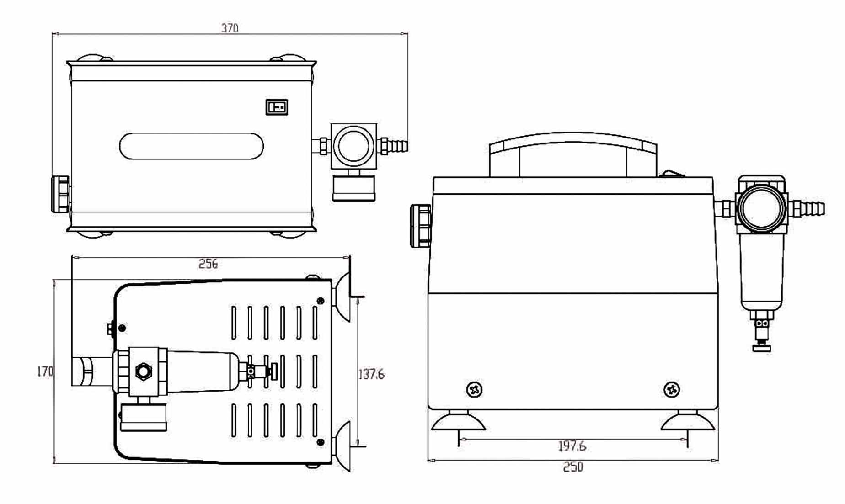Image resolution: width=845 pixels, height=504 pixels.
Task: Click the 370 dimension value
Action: pyautogui.click(x=230, y=28)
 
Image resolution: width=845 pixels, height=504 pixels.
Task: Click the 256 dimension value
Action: pyautogui.click(x=208, y=264)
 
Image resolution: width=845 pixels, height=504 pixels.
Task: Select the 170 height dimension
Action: pyautogui.click(x=45, y=371)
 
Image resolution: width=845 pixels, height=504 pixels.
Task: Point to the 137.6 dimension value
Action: pyautogui.click(x=371, y=374)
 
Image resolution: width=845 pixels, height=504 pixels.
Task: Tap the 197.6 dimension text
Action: pyautogui.click(x=572, y=446)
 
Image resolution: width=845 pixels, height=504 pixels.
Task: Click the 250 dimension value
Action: pyautogui.click(x=573, y=467)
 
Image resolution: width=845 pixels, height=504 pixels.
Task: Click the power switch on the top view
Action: pyautogui.click(x=277, y=107)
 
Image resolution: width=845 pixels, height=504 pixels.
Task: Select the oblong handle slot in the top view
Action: pyautogui.click(x=191, y=146)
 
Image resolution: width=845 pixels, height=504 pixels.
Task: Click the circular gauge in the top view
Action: pyautogui.click(x=353, y=146)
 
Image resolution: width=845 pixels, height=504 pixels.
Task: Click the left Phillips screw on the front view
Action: pyautogui.click(x=475, y=390)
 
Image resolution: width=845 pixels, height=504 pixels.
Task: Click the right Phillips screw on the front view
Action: pyautogui.click(x=671, y=390)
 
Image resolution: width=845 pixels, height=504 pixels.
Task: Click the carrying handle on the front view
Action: pyautogui.click(x=573, y=155)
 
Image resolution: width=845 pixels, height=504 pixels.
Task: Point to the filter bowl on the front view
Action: pyautogui.click(x=761, y=274)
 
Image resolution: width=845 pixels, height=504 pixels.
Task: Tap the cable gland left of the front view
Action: pyautogui.click(x=421, y=226)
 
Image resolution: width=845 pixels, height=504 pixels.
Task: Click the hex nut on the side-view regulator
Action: pyautogui.click(x=143, y=371)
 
